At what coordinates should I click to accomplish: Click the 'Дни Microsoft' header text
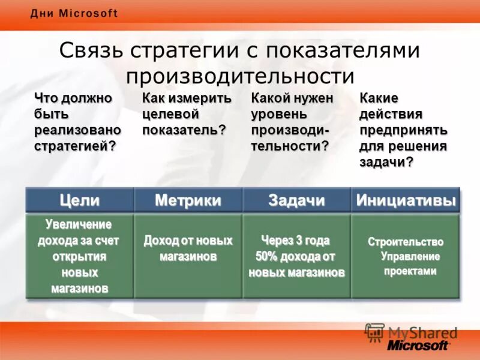[74, 14]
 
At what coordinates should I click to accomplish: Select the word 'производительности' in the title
[240, 76]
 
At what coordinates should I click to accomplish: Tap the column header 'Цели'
[79, 200]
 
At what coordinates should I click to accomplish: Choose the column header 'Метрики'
[188, 200]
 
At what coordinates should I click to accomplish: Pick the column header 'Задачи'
[296, 200]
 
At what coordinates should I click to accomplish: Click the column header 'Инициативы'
[406, 200]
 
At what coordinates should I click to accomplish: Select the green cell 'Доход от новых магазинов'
[188, 248]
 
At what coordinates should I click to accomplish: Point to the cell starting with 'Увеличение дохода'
[79, 256]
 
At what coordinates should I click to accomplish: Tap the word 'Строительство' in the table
[406, 242]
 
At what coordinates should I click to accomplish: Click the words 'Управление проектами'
[410, 263]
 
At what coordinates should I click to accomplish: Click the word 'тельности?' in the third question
[290, 146]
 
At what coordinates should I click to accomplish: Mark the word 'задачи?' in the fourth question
[386, 163]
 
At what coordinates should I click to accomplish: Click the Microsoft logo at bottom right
[418, 345]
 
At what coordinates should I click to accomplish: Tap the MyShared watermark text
[422, 332]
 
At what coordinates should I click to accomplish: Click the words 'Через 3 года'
[295, 241]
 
